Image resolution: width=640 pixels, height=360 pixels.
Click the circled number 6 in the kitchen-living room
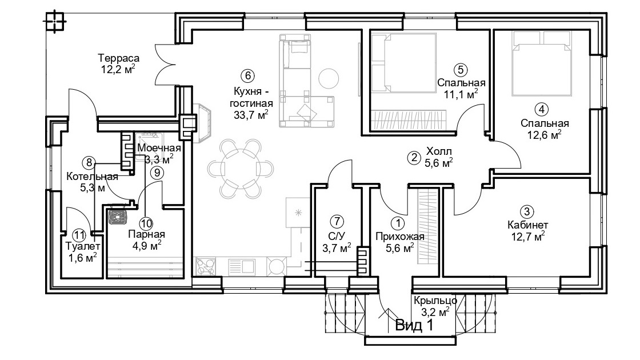[x=247, y=76]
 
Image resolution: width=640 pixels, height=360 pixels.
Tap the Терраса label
[x=119, y=58]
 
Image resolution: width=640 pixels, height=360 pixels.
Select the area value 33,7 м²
[x=251, y=115]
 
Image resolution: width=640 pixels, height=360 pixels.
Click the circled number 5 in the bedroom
[x=461, y=70]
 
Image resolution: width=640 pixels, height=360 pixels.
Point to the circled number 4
[x=541, y=109]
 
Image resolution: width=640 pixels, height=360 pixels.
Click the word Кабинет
[x=528, y=225]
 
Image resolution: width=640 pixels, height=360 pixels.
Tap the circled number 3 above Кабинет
[x=527, y=211]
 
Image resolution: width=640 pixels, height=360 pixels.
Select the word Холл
[x=439, y=152]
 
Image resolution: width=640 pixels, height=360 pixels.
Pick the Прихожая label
[x=400, y=237]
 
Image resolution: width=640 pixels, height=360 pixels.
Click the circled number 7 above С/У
[x=337, y=222]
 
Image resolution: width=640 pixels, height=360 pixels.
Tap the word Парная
[x=146, y=234]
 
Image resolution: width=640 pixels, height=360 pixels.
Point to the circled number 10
[x=146, y=223]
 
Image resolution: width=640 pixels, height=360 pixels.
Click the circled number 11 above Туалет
[x=79, y=235]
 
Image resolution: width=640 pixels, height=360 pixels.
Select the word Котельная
[x=92, y=177]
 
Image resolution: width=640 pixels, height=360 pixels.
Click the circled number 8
[x=88, y=162]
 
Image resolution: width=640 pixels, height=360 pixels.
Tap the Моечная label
[x=159, y=148]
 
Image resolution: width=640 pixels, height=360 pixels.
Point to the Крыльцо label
[x=435, y=301]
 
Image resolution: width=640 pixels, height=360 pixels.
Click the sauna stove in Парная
[x=119, y=217]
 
